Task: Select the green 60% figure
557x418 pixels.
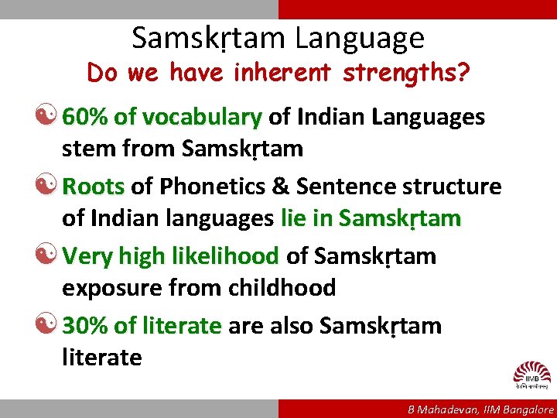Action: pyautogui.click(x=85, y=117)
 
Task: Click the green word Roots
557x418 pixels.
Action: pyautogui.click(x=93, y=187)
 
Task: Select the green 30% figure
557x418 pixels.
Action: pyautogui.click(x=85, y=326)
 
